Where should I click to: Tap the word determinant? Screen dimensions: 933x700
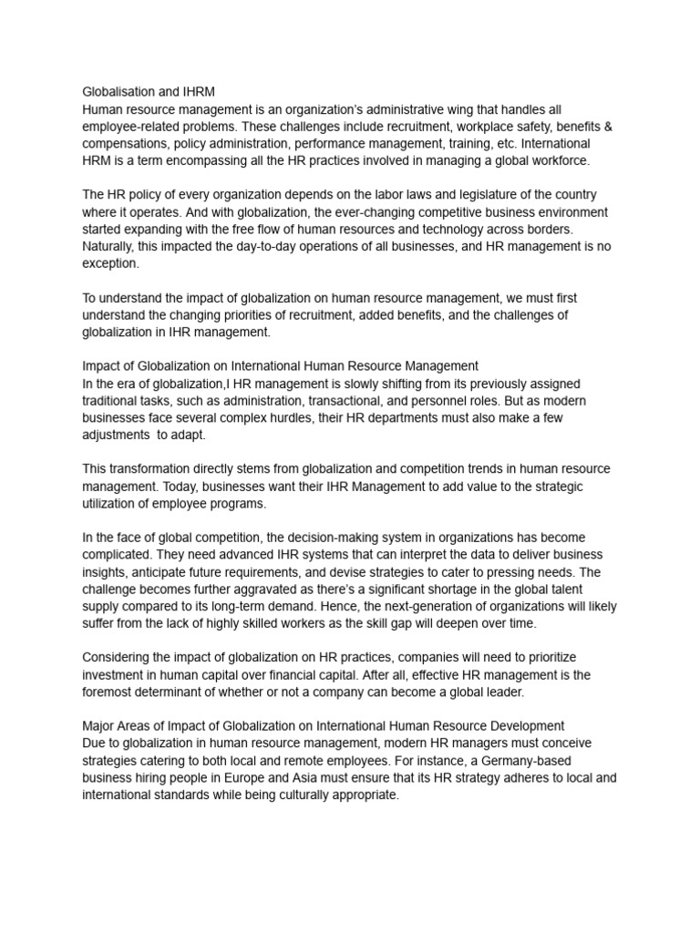190,692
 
